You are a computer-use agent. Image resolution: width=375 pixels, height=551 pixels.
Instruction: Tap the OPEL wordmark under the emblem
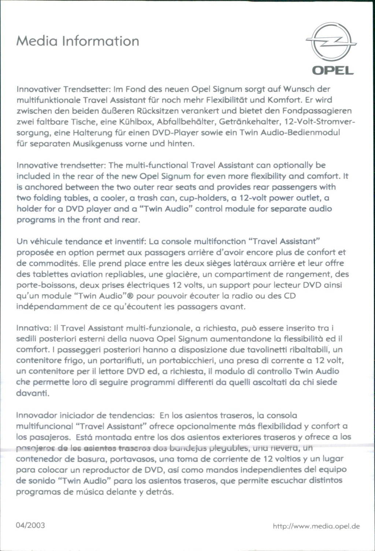pyautogui.click(x=331, y=70)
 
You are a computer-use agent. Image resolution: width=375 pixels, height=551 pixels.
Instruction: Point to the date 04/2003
pyautogui.click(x=31, y=525)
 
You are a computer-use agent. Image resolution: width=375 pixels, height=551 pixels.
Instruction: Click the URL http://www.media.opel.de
pyautogui.click(x=316, y=526)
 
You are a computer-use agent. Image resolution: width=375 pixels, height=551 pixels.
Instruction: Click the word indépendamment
pyautogui.click(x=47, y=306)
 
